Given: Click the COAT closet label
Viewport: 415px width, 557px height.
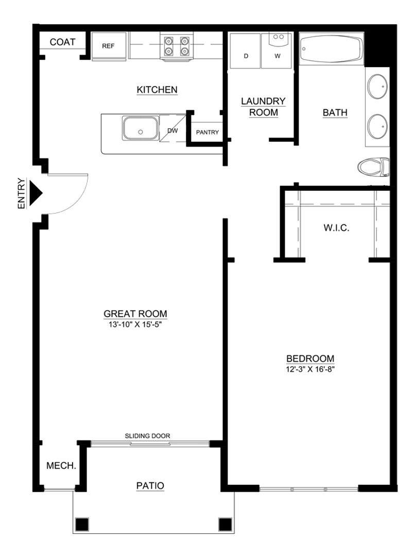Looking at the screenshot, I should click(62, 42).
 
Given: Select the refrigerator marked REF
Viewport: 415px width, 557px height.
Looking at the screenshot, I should click(108, 46).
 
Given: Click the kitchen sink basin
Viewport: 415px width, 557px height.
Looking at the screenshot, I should click(140, 128).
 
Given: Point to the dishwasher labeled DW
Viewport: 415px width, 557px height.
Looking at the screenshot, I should click(172, 131).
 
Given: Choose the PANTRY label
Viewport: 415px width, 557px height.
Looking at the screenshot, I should click(207, 133).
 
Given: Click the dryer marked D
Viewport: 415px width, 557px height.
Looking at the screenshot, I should click(246, 52).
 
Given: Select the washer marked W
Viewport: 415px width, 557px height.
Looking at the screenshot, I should click(277, 52).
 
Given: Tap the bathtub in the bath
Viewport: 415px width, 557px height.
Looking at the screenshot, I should click(331, 50).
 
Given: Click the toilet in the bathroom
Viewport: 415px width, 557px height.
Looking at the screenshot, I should click(373, 167).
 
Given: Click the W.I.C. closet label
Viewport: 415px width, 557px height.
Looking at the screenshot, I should click(337, 227).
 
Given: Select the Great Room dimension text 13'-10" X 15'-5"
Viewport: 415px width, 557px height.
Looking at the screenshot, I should click(135, 325).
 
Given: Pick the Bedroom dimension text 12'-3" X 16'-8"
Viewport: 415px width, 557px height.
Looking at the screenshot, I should click(310, 369).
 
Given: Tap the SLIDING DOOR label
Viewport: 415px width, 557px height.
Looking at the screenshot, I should click(147, 436).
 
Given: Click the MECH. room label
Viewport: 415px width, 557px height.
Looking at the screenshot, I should click(61, 466).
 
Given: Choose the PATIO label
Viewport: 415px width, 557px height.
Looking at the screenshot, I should click(150, 485).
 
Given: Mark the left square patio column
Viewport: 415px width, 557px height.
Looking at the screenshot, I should click(82, 524).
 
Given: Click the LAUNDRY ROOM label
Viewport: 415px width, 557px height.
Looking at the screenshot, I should click(263, 107).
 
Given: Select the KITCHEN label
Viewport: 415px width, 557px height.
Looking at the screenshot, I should click(157, 90).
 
